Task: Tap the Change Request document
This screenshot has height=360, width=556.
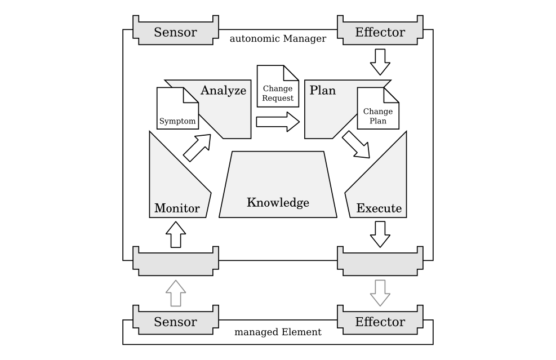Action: click(x=278, y=87)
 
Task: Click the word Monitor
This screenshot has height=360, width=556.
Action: click(x=177, y=208)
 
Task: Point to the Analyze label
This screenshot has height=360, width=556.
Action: click(x=223, y=90)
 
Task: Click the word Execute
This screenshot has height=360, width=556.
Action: click(x=379, y=208)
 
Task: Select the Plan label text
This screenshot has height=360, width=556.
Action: click(x=323, y=90)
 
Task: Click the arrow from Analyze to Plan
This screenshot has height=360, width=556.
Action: click(x=278, y=121)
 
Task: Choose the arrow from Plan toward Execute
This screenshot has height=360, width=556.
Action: click(x=356, y=145)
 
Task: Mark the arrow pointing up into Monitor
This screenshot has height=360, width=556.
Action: click(x=176, y=234)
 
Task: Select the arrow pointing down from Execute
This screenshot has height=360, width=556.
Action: click(x=380, y=233)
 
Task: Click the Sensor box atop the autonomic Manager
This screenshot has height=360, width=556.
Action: click(x=175, y=32)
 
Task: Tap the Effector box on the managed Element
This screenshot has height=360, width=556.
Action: click(x=380, y=322)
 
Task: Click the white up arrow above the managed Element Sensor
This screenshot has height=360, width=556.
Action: click(x=176, y=293)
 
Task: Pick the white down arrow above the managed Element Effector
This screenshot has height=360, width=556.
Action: click(x=380, y=292)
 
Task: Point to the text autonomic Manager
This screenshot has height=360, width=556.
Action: click(x=278, y=39)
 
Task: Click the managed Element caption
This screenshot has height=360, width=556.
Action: click(x=278, y=332)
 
